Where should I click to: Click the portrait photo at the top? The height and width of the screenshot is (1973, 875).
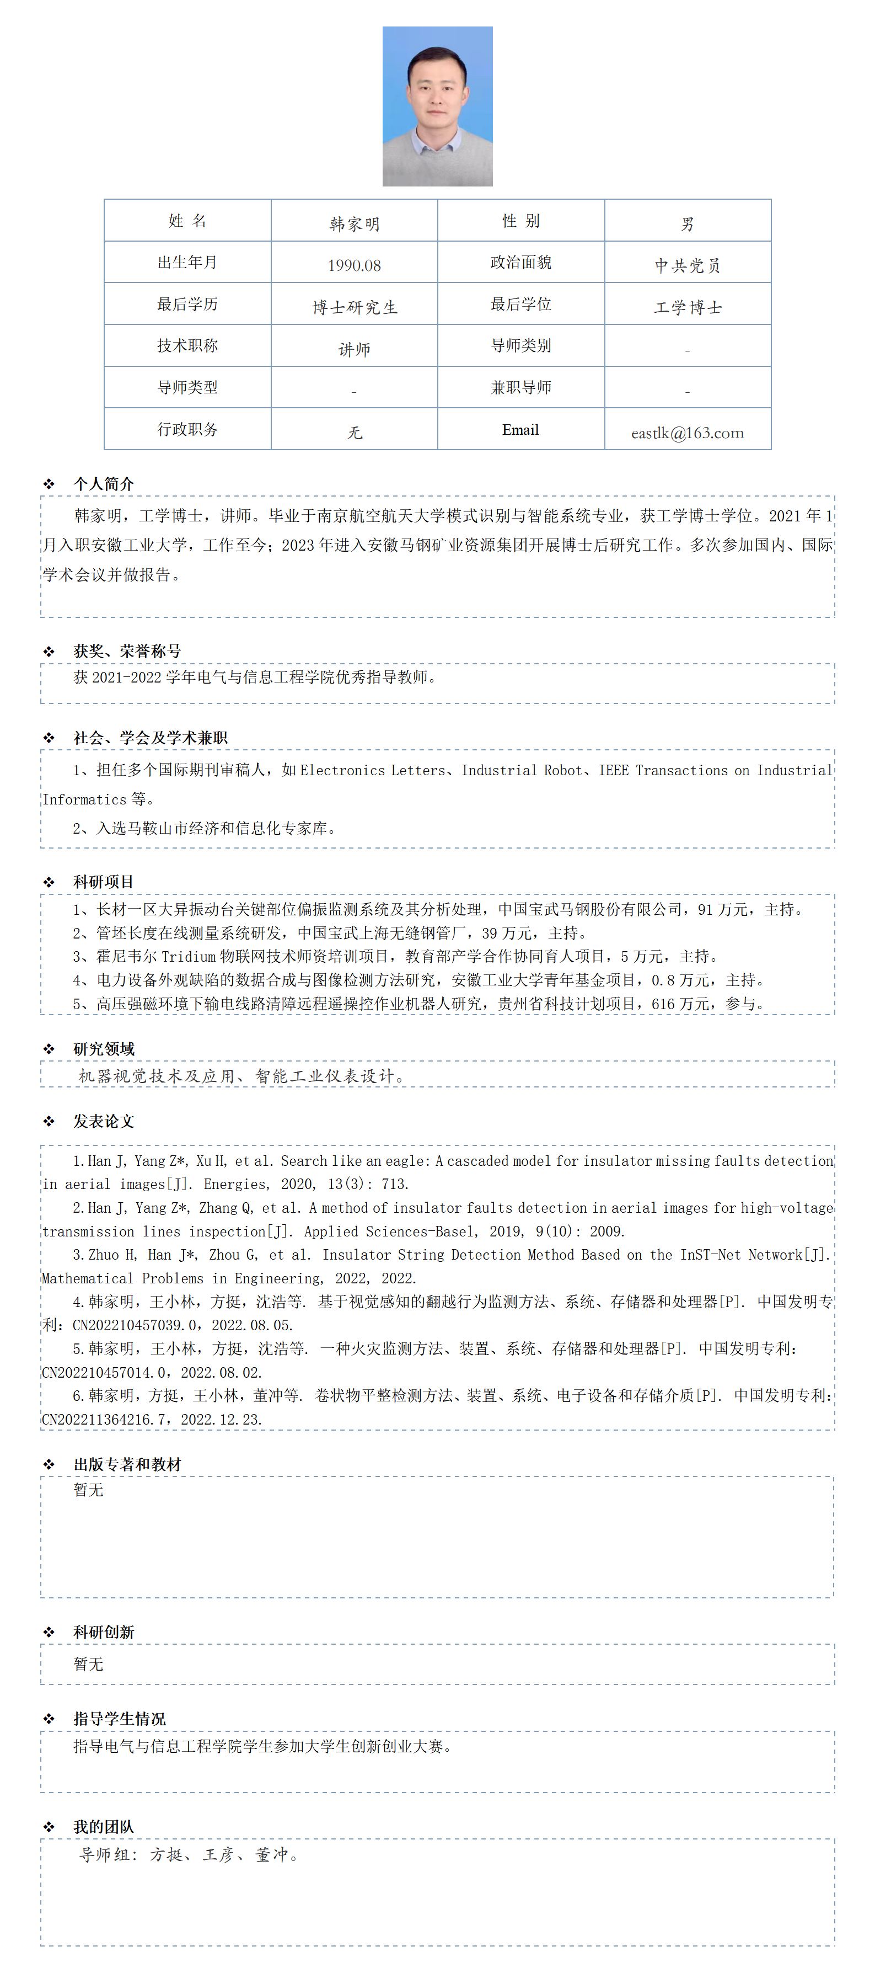(x=437, y=106)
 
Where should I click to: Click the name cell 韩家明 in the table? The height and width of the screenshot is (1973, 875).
(x=355, y=223)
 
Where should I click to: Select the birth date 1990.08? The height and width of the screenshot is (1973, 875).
(x=355, y=265)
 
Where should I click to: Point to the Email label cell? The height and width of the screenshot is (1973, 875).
(x=520, y=430)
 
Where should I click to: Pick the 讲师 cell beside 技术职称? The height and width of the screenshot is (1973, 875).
(x=355, y=349)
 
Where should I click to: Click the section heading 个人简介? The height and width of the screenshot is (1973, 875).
(x=103, y=483)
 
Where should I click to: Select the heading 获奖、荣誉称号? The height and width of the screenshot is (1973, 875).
(x=127, y=651)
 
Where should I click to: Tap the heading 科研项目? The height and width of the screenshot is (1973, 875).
(x=103, y=882)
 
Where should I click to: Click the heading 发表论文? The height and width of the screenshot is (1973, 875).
(x=103, y=1121)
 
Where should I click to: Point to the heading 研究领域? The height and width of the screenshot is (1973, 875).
(x=103, y=1048)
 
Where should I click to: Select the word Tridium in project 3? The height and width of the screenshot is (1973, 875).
(x=189, y=957)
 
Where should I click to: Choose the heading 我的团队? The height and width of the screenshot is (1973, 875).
(x=103, y=1827)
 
